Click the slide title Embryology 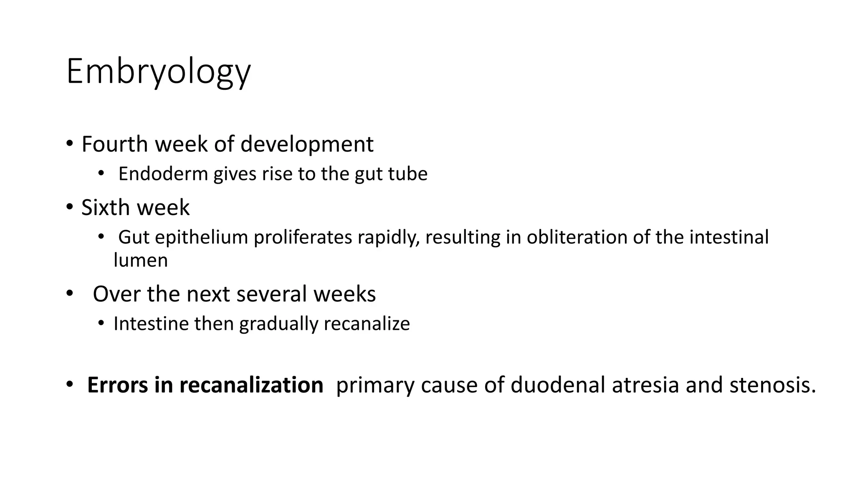pyautogui.click(x=158, y=72)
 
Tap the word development pyautogui.click(x=307, y=144)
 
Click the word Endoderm pyautogui.click(x=163, y=174)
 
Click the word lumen pyautogui.click(x=141, y=261)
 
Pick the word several pyautogui.click(x=272, y=294)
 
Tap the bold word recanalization pyautogui.click(x=251, y=385)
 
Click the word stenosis pyautogui.click(x=772, y=385)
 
